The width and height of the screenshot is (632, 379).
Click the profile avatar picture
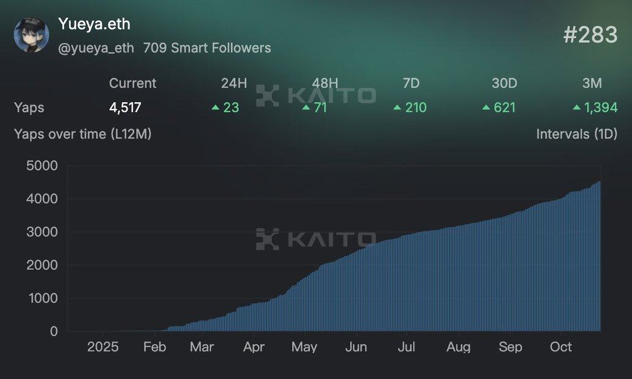[31, 35]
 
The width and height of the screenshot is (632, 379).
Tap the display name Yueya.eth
[94, 24]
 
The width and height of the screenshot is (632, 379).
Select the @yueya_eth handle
[96, 48]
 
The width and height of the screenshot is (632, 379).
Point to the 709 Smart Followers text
[207, 48]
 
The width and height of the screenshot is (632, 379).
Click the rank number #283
[590, 35]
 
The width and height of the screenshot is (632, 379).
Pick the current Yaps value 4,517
[125, 108]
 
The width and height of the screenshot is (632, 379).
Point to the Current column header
[132, 83]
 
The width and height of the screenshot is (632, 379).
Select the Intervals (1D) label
[576, 133]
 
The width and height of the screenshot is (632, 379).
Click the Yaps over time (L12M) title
[83, 133]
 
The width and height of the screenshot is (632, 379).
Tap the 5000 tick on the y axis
[42, 165]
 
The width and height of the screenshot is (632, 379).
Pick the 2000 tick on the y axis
[42, 265]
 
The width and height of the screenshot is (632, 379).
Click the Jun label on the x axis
[356, 347]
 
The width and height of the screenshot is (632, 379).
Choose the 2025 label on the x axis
[103, 347]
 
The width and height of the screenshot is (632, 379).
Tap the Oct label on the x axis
[560, 347]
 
